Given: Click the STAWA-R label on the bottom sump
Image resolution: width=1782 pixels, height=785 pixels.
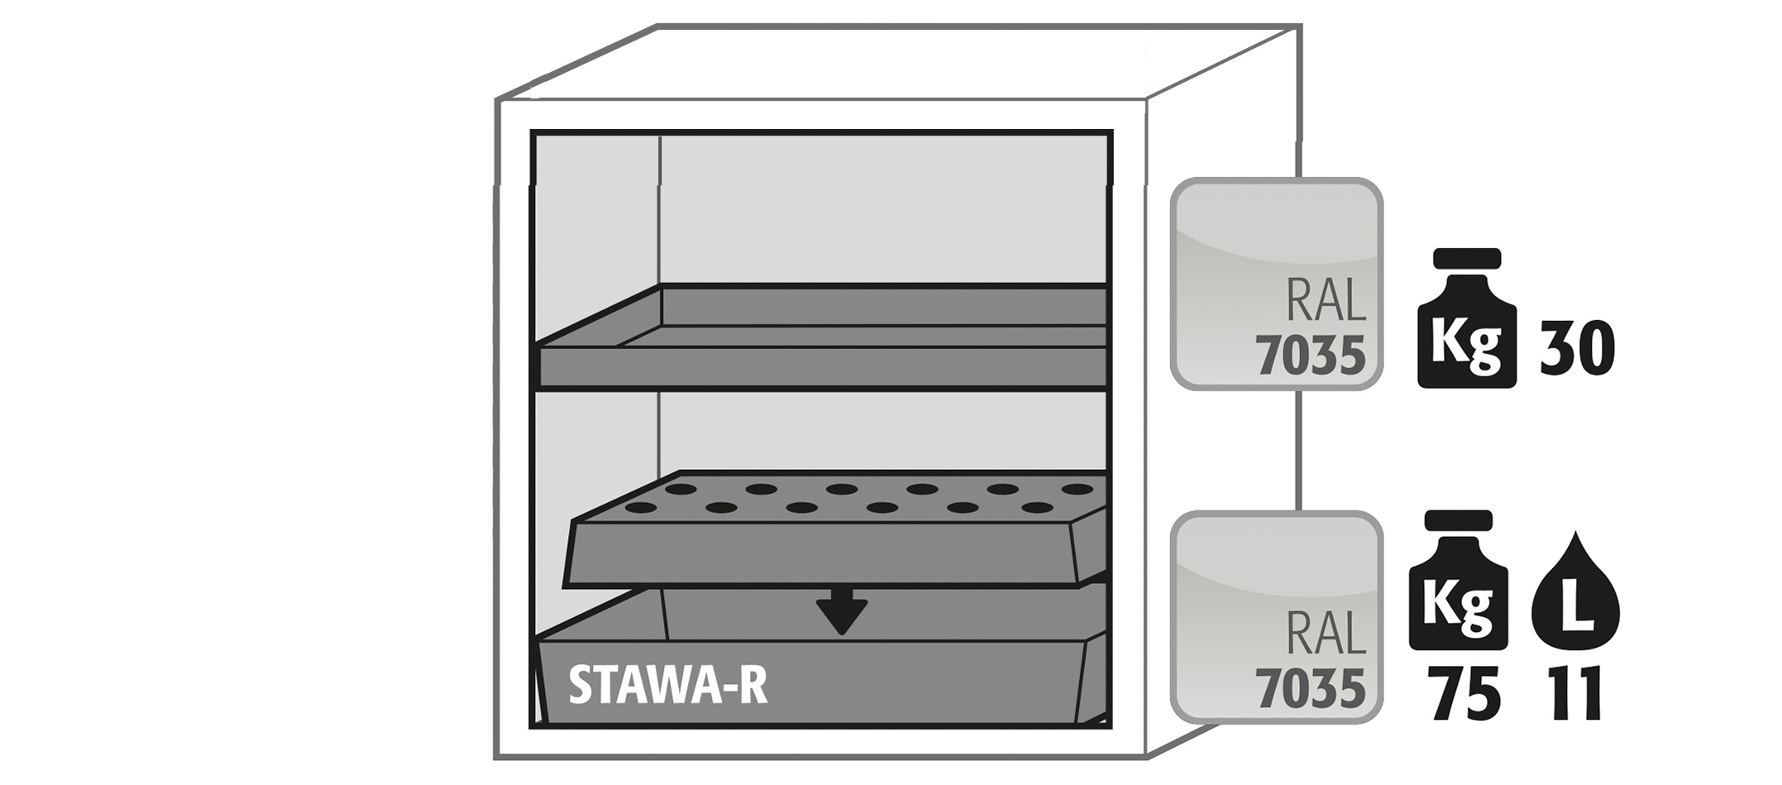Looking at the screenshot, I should [667, 687].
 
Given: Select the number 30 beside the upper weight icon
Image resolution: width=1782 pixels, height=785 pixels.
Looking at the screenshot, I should [1577, 351].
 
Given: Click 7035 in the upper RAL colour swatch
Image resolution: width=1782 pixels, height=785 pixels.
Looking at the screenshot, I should [1310, 357].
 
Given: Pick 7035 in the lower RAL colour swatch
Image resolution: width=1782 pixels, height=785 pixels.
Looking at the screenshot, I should [1310, 688].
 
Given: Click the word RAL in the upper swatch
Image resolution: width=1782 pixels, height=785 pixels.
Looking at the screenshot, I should [1326, 301].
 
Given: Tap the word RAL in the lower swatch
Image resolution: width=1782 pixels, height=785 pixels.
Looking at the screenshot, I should [1326, 634].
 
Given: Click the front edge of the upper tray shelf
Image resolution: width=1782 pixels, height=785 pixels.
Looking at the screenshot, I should [823, 366].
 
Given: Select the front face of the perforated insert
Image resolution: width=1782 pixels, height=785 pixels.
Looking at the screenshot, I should [819, 555].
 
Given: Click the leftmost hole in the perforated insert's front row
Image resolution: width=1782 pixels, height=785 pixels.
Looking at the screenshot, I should [641, 506].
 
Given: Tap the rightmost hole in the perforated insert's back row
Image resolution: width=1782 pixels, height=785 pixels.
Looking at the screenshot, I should [1077, 489].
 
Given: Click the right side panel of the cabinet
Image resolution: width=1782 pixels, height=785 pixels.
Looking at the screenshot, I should [1220, 447].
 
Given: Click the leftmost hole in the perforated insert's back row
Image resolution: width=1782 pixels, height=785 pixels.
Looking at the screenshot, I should [681, 489].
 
